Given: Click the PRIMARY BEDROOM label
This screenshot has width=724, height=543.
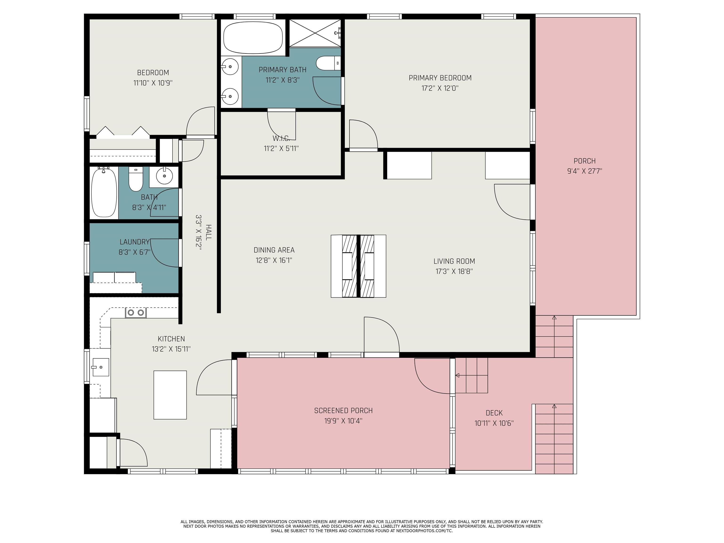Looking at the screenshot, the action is [440, 78].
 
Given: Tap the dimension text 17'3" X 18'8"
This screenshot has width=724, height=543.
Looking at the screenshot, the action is [454, 271].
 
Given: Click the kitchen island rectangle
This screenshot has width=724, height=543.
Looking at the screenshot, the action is [170, 395].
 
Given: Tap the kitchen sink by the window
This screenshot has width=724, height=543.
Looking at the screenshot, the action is [100, 367].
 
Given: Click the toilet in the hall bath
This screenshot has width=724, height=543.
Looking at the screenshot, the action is [136, 179].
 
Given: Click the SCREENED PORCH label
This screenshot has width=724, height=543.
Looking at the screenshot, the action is [343, 411].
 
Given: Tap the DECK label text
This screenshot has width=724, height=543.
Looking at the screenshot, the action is [494, 413].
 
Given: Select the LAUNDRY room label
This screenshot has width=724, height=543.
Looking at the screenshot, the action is [135, 242].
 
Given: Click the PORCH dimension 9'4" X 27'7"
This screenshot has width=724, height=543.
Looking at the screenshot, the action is [584, 171].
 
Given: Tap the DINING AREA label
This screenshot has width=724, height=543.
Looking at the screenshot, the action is [274, 250].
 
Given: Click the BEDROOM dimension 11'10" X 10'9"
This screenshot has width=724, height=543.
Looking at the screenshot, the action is [153, 83].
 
